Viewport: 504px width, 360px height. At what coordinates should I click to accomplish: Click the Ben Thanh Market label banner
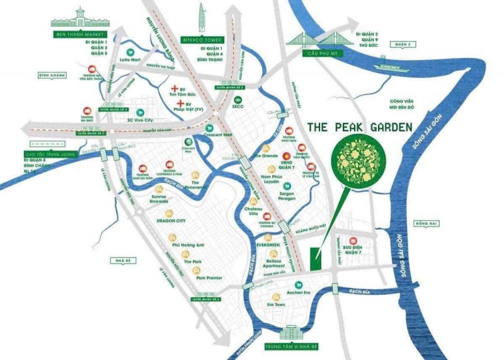(x=79, y=34)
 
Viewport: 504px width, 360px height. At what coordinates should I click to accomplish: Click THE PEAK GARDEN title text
(x=359, y=127)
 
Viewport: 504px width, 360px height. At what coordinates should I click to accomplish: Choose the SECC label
(x=238, y=107)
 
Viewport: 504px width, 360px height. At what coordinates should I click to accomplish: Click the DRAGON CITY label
(x=171, y=221)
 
